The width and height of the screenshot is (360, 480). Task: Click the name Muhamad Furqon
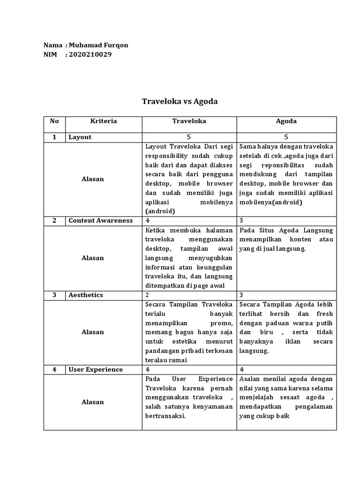[x=98, y=45]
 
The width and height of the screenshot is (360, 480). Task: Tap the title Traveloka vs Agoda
[x=180, y=101]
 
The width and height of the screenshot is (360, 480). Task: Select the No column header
[x=54, y=121]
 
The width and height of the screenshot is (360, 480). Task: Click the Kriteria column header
[x=104, y=121]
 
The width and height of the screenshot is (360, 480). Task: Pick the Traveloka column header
[x=189, y=121]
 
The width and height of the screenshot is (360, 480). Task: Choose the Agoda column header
[x=286, y=121]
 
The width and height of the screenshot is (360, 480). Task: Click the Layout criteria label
[x=80, y=137]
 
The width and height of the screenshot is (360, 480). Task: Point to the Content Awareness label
[x=101, y=221]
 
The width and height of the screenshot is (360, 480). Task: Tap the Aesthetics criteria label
[x=86, y=295]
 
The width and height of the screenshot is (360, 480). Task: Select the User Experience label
[x=96, y=369]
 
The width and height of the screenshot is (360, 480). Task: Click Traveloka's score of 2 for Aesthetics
[x=148, y=295]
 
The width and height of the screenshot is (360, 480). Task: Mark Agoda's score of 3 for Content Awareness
[x=241, y=221]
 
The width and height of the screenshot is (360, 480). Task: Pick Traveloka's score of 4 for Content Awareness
[x=148, y=221]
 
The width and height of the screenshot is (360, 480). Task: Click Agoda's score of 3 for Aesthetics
[x=241, y=295]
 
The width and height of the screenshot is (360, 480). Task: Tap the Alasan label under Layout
[x=93, y=179]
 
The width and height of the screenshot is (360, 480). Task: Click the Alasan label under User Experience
[x=93, y=402]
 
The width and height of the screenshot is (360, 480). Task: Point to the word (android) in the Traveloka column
[x=160, y=211]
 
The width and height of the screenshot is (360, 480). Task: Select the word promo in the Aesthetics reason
[x=221, y=322]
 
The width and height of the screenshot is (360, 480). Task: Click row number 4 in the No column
[x=54, y=369]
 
